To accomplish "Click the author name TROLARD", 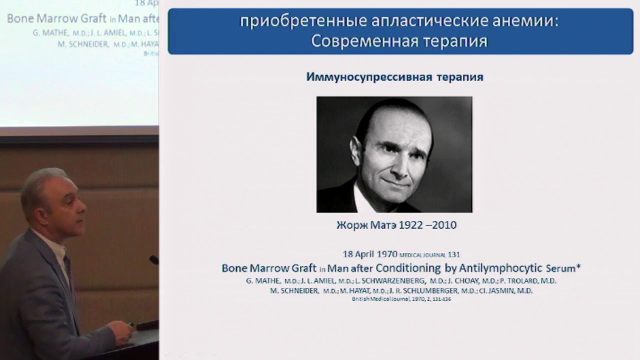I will [522, 281].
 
